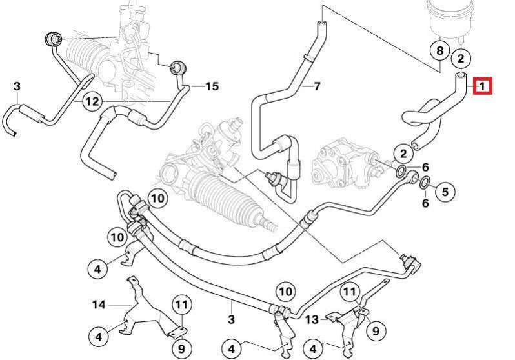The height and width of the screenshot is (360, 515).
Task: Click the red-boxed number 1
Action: coord(483,86)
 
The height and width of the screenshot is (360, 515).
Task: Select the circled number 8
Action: coord(439,50)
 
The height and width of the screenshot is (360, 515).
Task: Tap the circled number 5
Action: coord(443,190)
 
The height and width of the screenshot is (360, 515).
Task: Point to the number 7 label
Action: coord(316,86)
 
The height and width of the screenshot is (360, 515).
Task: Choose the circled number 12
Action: coord(92,101)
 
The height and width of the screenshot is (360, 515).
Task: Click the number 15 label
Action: coord(212,86)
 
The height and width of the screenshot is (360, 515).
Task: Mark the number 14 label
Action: coord(99,304)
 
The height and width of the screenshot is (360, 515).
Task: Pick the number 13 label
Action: coord(311,319)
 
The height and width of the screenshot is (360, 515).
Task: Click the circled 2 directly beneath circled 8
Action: coord(460,59)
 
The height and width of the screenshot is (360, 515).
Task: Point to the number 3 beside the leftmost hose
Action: coord(17,86)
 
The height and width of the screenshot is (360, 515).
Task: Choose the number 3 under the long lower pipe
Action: coord(230,319)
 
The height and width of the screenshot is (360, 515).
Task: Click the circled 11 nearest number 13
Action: coord(349,293)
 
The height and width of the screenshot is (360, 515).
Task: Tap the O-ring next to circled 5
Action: coord(424,185)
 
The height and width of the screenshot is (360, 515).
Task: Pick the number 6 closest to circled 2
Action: coord(425,168)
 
